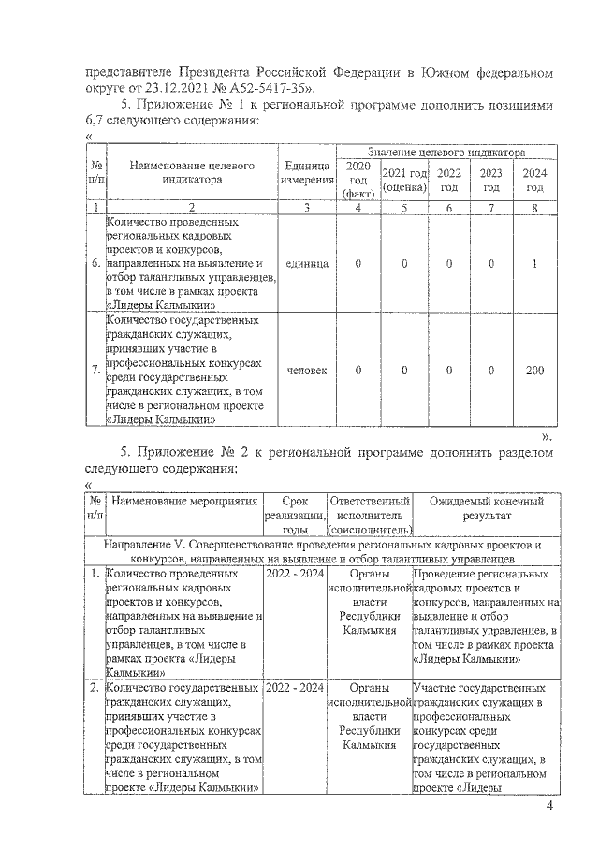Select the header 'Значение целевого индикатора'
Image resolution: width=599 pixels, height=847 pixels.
(x=446, y=152)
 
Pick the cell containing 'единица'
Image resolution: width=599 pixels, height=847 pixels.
(x=308, y=264)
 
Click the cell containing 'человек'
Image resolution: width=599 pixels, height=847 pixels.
(x=308, y=371)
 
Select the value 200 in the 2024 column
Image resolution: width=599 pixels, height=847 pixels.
(x=534, y=371)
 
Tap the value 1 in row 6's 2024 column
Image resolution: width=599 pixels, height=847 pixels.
(x=534, y=264)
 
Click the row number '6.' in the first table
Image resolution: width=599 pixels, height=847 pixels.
(x=95, y=264)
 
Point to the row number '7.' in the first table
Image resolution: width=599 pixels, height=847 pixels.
(x=95, y=371)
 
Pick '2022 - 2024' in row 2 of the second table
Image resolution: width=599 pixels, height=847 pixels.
(x=295, y=688)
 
